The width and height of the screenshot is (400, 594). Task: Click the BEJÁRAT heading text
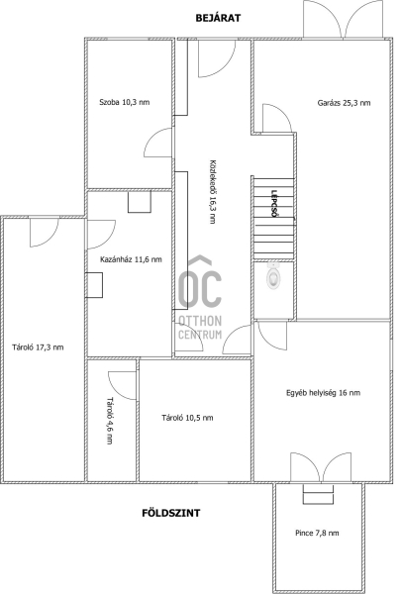[218, 18]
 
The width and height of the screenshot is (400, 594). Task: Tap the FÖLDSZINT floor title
[171, 513]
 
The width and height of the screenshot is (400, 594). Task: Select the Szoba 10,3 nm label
[124, 102]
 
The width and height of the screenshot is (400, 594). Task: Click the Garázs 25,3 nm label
[344, 103]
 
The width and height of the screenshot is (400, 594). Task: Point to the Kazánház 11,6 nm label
[131, 259]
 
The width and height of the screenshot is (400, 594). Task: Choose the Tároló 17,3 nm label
[38, 347]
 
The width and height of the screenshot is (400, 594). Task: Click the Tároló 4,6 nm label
[110, 421]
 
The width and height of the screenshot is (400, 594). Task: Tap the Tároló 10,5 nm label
[187, 418]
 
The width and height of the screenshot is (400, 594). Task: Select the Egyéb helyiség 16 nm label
[323, 393]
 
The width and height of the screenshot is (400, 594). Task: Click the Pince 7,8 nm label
[317, 533]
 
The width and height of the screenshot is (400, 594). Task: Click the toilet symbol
[273, 274]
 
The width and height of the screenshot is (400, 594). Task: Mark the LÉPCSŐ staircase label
[274, 203]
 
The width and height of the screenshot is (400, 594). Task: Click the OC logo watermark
[200, 282]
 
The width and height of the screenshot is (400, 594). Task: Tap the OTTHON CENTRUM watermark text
[200, 328]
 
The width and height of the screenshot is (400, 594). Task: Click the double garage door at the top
[344, 19]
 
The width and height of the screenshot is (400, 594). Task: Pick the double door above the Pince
[321, 466]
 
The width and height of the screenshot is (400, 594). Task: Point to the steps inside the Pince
[318, 494]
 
